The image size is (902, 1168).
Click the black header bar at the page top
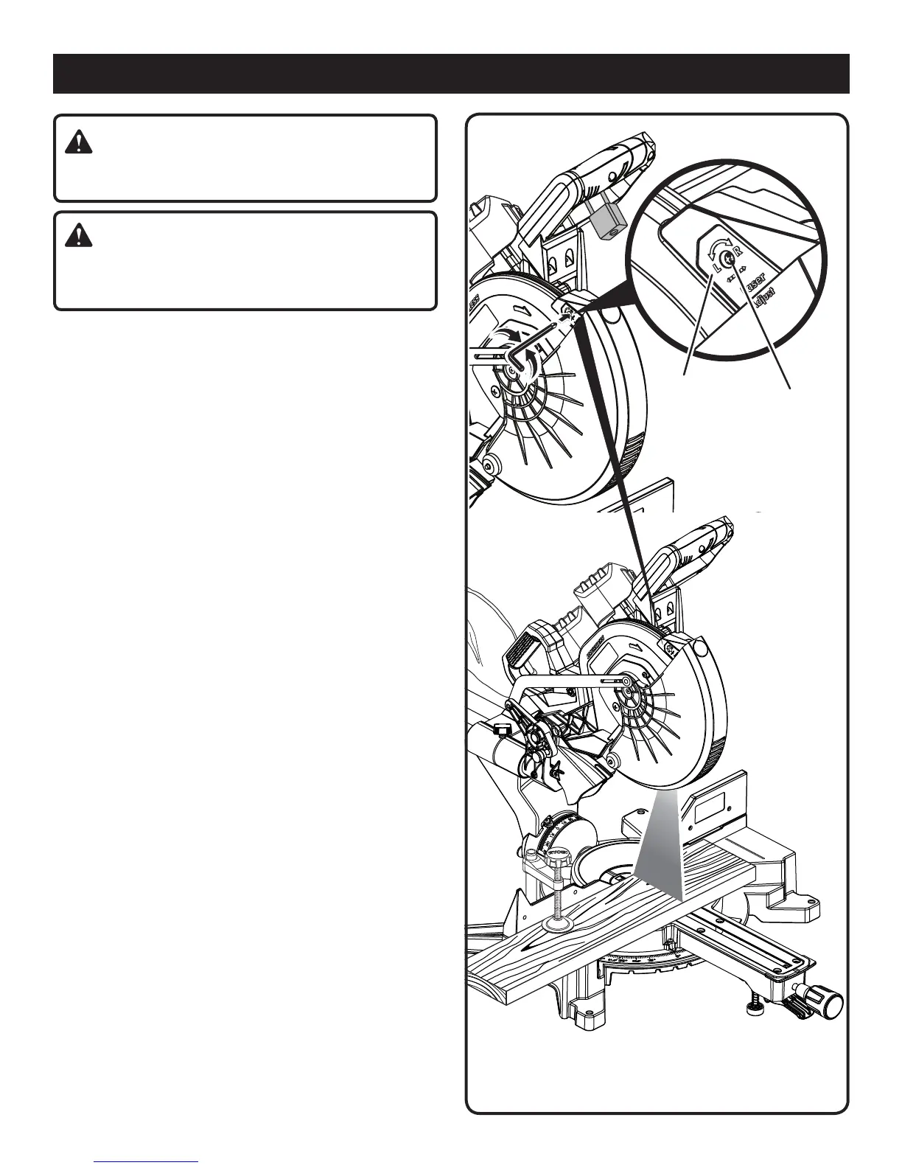coord(451,73)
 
